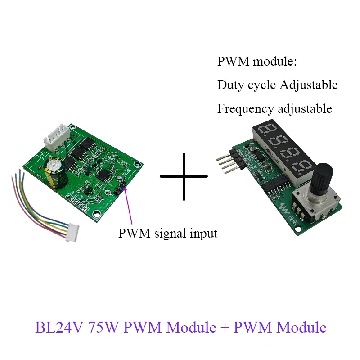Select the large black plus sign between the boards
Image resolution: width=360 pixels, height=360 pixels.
point(184,176)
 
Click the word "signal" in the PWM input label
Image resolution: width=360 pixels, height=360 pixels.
point(168,234)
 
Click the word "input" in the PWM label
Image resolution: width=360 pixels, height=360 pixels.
point(203,234)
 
